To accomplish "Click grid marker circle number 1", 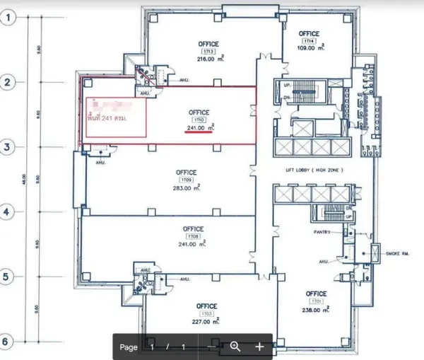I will click(x=8, y=19).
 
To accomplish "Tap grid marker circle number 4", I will click(x=8, y=211).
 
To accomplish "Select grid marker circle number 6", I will click(x=8, y=342).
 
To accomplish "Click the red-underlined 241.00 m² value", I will click(x=200, y=128).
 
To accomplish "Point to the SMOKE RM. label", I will click(x=400, y=252).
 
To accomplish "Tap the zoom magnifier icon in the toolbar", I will click(x=235, y=347).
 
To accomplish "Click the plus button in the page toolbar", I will click(x=259, y=347).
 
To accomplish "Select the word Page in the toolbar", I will click(x=129, y=347).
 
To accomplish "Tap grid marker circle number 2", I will click(x=8, y=82).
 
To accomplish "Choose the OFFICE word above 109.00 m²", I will click(x=309, y=33).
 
